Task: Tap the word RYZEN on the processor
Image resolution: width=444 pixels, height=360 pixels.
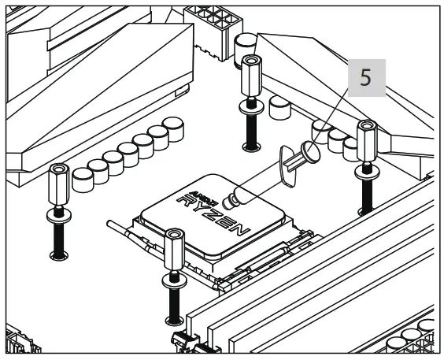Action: click(213, 212)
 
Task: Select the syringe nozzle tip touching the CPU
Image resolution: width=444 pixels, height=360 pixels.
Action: click(228, 198)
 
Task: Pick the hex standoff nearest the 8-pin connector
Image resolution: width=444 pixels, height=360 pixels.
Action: click(250, 72)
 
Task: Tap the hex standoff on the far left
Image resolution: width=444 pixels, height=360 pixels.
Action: click(59, 184)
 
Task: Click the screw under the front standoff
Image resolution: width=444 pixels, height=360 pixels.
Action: click(173, 302)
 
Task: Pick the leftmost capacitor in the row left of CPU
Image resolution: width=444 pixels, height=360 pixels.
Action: click(81, 181)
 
